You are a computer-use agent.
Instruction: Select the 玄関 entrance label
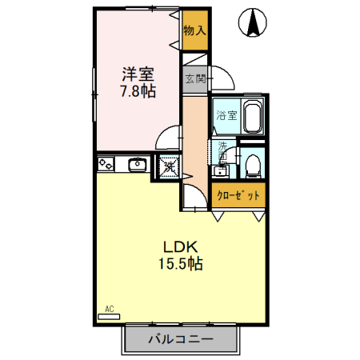tap(194, 78)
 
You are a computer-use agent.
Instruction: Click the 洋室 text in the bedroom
tap(137, 74)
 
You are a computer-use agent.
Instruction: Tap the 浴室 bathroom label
tap(226, 115)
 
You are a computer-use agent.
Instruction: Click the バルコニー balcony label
tap(180, 340)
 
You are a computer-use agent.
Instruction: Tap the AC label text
tap(110, 307)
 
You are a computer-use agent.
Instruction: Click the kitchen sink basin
tap(137, 165)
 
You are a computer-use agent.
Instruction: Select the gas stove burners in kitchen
tap(106, 165)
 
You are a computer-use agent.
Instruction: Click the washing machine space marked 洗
tap(169, 166)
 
